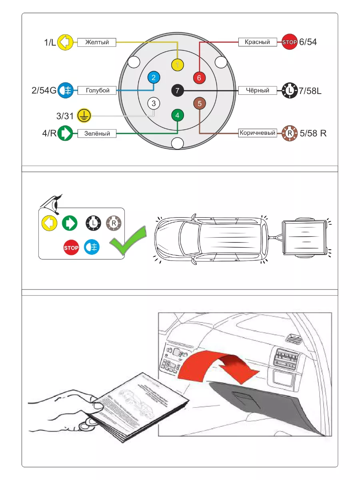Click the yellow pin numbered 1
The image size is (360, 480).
177,65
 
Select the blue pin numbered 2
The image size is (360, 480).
154,77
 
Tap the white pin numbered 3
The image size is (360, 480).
154,103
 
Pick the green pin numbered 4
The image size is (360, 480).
177,116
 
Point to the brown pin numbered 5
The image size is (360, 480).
200,103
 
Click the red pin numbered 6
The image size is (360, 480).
200,77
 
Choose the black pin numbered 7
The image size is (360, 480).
177,91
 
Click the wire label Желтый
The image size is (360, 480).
96,42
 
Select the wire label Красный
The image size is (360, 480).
257,42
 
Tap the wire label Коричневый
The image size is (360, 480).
257,133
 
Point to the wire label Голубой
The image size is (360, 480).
97,90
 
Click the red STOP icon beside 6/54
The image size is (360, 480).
290,42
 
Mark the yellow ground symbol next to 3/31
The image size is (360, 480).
84,116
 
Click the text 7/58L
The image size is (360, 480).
310,91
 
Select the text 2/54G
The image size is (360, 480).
44,90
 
